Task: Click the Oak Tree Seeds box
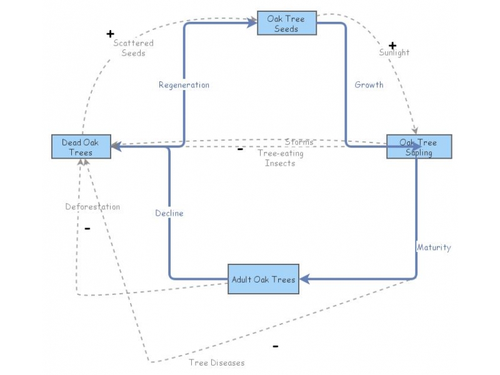287,23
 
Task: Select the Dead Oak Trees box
81,147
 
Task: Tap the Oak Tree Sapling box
419,147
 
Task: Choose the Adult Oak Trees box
263,279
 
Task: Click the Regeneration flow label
184,85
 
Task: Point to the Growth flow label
369,85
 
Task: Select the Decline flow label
169,213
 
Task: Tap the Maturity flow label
434,247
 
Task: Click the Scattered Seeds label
133,48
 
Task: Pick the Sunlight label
394,52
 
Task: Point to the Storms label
299,142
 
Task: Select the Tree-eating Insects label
281,158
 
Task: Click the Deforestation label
92,207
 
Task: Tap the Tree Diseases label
217,362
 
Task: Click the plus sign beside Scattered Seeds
111,34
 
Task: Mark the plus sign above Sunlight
392,46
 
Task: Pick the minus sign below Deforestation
87,228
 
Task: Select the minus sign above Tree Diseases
276,346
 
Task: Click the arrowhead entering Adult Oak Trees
304,279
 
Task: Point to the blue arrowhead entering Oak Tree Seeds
252,23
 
